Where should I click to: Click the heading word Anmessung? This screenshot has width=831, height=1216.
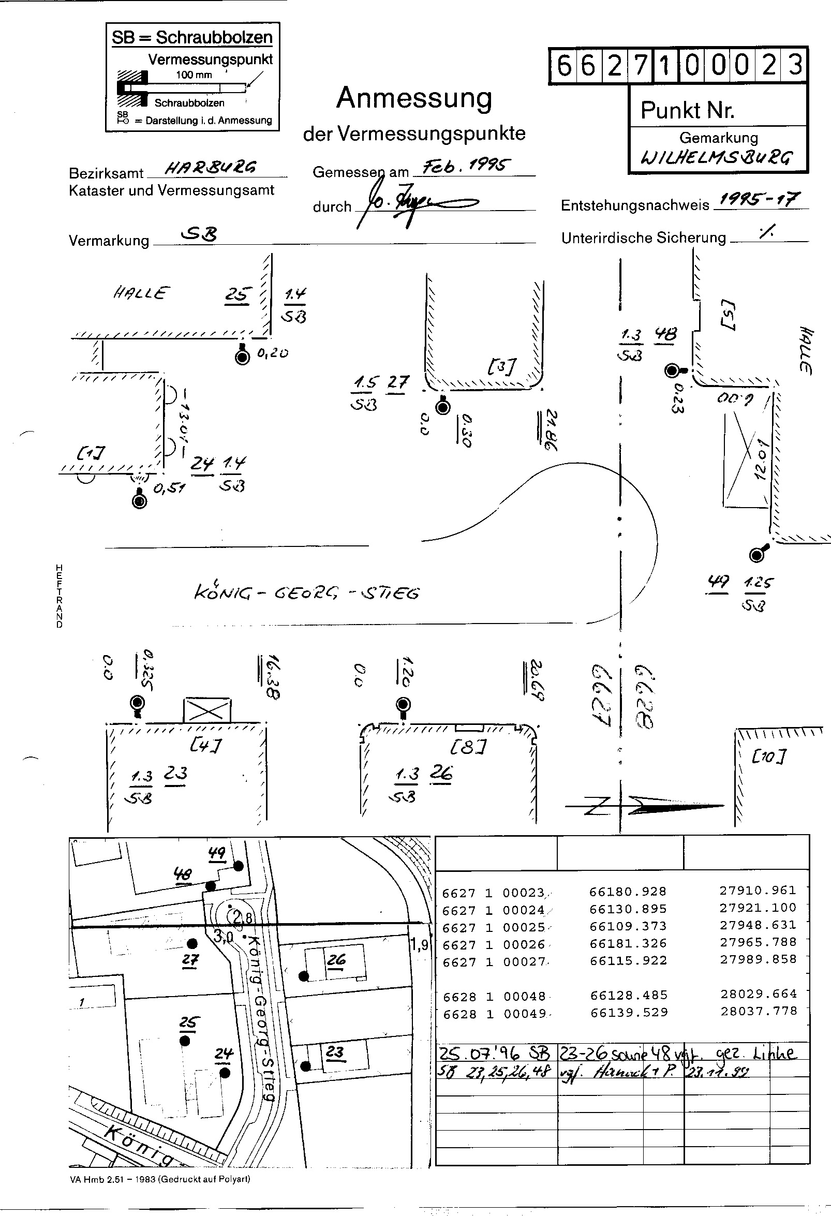click(x=414, y=98)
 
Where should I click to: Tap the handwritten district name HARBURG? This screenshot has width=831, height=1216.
click(x=211, y=168)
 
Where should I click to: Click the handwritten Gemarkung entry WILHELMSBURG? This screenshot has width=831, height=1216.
click(x=717, y=157)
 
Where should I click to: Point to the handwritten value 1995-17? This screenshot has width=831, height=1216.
click(x=760, y=199)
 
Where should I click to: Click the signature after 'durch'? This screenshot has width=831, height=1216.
click(x=413, y=204)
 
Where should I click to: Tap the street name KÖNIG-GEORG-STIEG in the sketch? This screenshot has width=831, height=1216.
click(x=307, y=592)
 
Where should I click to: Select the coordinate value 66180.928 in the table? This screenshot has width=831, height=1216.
click(x=628, y=891)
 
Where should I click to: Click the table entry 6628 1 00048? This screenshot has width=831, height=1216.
click(x=494, y=996)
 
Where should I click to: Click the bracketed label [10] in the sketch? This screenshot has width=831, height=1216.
click(x=769, y=755)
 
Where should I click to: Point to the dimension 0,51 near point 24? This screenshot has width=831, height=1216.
click(x=169, y=489)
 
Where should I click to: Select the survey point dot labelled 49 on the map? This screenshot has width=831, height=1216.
click(x=239, y=866)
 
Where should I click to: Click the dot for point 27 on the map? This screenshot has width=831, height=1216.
click(x=192, y=943)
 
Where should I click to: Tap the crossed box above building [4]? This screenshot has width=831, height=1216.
click(x=206, y=710)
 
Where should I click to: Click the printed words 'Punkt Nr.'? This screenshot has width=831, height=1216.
click(x=687, y=110)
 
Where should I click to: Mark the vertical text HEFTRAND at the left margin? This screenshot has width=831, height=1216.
click(x=60, y=597)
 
